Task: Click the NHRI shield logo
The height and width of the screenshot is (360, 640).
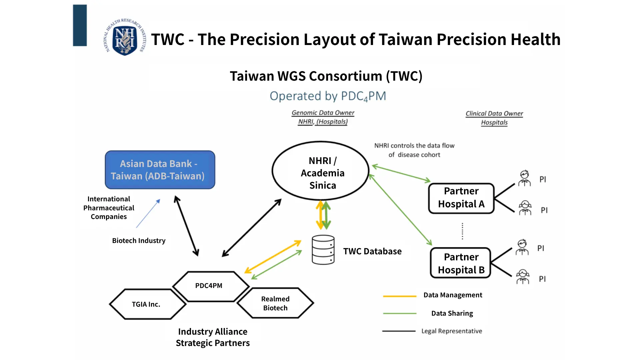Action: click(125, 37)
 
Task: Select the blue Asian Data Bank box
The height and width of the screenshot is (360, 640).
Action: click(160, 170)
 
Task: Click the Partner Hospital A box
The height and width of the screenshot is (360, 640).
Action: click(461, 198)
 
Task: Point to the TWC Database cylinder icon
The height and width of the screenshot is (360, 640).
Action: click(323, 250)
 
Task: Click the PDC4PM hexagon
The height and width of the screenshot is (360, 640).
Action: click(211, 286)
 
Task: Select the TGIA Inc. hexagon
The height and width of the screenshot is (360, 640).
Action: click(147, 304)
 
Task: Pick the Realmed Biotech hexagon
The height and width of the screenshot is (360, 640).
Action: click(275, 303)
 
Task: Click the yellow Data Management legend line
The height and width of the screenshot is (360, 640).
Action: click(400, 296)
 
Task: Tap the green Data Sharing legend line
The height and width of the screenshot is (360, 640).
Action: click(400, 313)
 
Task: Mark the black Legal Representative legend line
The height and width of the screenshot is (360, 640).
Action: click(399, 331)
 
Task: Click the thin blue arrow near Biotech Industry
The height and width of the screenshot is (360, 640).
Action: click(148, 213)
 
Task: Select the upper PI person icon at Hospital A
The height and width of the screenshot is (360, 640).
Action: click(525, 178)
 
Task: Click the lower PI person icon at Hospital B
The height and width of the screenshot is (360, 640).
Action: click(523, 277)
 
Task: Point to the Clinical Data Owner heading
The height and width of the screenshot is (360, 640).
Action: click(494, 114)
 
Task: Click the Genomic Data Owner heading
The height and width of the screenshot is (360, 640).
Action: click(323, 113)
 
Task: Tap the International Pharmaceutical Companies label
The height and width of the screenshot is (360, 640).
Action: click(109, 208)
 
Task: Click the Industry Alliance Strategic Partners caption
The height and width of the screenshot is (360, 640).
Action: click(213, 337)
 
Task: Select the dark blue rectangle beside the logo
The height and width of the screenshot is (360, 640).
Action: click(80, 25)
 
